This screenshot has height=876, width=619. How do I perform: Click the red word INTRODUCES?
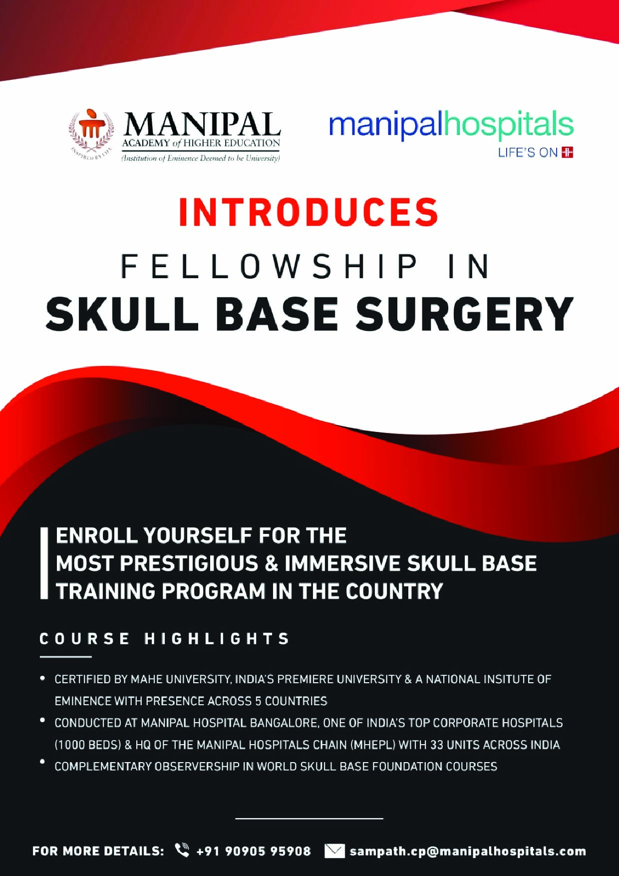pyautogui.click(x=309, y=212)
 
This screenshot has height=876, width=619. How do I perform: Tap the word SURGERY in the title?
pyautogui.click(x=464, y=314)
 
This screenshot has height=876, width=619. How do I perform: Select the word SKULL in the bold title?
pyautogui.click(x=122, y=314)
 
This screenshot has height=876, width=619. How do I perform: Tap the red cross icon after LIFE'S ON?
pyautogui.click(x=568, y=152)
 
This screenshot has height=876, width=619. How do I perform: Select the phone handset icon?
pyautogui.click(x=182, y=850)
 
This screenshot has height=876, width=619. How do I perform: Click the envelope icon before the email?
pyautogui.click(x=334, y=851)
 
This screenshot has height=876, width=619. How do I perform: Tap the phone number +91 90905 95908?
pyautogui.click(x=254, y=851)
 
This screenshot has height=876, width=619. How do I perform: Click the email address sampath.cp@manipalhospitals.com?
pyautogui.click(x=468, y=852)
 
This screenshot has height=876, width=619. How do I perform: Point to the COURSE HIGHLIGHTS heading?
pyautogui.click(x=165, y=639)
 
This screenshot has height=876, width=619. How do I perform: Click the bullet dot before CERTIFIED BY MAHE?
pyautogui.click(x=43, y=678)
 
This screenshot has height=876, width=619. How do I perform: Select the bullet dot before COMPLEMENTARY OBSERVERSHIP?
pyautogui.click(x=43, y=762)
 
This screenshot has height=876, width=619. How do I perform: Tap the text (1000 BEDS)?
pyautogui.click(x=88, y=745)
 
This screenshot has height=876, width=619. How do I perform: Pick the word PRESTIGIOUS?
pyautogui.click(x=189, y=563)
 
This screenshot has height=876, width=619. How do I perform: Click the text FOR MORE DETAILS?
pyautogui.click(x=98, y=851)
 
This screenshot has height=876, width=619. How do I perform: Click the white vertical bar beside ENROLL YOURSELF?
pyautogui.click(x=44, y=563)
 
